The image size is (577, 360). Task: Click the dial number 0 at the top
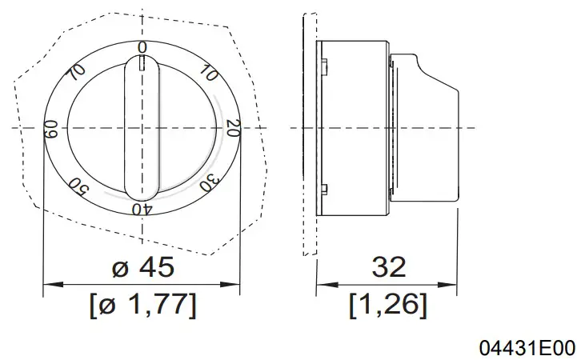(142, 48)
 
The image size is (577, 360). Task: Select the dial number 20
(233, 127)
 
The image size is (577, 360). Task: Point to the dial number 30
(207, 182)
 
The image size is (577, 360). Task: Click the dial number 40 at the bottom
(142, 209)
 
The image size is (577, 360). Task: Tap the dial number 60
(50, 128)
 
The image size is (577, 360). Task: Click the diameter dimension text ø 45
(142, 267)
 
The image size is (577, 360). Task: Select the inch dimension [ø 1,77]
(142, 304)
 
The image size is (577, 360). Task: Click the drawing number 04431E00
(526, 348)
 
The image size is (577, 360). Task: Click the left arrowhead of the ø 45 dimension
(48, 284)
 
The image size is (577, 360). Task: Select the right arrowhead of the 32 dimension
(451, 284)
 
